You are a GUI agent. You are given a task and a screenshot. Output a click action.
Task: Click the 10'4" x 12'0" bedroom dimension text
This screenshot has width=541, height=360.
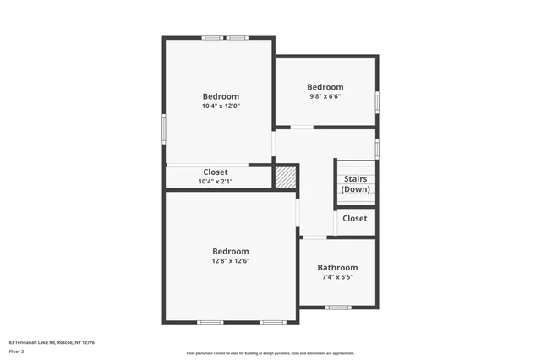pyautogui.click(x=221, y=106)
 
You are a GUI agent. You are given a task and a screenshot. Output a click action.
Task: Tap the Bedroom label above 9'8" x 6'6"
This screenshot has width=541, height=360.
pyautogui.click(x=325, y=87)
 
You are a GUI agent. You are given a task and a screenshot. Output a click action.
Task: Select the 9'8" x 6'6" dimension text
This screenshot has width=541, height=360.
pyautogui.click(x=325, y=97)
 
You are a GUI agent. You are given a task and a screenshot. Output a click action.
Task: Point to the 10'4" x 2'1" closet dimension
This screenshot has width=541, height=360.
pyautogui.click(x=216, y=182)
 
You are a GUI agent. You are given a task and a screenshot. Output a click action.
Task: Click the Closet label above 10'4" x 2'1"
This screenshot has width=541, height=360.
pyautogui.click(x=216, y=172)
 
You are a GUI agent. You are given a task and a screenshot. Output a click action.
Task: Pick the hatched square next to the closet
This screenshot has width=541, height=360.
pyautogui.click(x=286, y=177)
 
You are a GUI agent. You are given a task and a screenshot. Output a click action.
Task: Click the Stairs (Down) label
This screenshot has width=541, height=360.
pyautogui.click(x=355, y=184)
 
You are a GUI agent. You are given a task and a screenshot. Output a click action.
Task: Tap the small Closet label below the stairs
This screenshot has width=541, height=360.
pyautogui.click(x=355, y=218)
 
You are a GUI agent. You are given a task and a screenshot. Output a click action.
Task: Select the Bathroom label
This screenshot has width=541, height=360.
pyautogui.click(x=337, y=268)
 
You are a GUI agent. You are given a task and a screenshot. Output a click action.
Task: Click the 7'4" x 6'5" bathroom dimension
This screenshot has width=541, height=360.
pyautogui.click(x=337, y=277)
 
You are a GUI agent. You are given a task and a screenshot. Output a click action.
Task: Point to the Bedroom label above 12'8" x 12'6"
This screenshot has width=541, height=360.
pyautogui.click(x=231, y=251)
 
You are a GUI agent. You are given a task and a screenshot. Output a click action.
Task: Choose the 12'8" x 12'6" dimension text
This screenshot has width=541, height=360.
pyautogui.click(x=231, y=261)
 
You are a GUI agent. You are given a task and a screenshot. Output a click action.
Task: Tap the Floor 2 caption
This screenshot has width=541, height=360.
pyautogui.click(x=16, y=351)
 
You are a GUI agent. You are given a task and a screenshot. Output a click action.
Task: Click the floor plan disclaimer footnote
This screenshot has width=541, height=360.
pyautogui.click(x=270, y=353)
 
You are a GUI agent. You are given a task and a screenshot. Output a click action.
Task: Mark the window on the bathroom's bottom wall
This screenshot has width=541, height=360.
pyautogui.click(x=338, y=307)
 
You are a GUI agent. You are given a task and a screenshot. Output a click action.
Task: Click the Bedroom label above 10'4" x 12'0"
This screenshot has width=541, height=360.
pyautogui.click(x=221, y=96)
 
